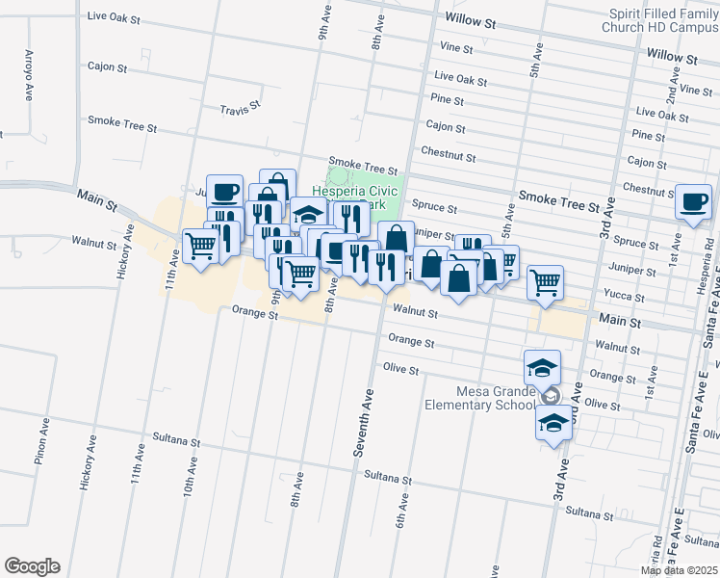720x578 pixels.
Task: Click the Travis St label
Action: click(x=240, y=109)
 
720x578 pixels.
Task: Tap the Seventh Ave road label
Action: click(x=368, y=421)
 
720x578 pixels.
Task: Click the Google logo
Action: click(x=32, y=566)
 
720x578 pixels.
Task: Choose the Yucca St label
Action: click(x=616, y=293)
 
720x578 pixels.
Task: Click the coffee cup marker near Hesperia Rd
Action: click(x=693, y=203)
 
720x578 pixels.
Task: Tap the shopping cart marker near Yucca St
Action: click(x=545, y=283)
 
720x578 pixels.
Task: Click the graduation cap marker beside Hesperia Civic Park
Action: click(x=308, y=216)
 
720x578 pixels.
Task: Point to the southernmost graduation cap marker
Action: click(x=553, y=424)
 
